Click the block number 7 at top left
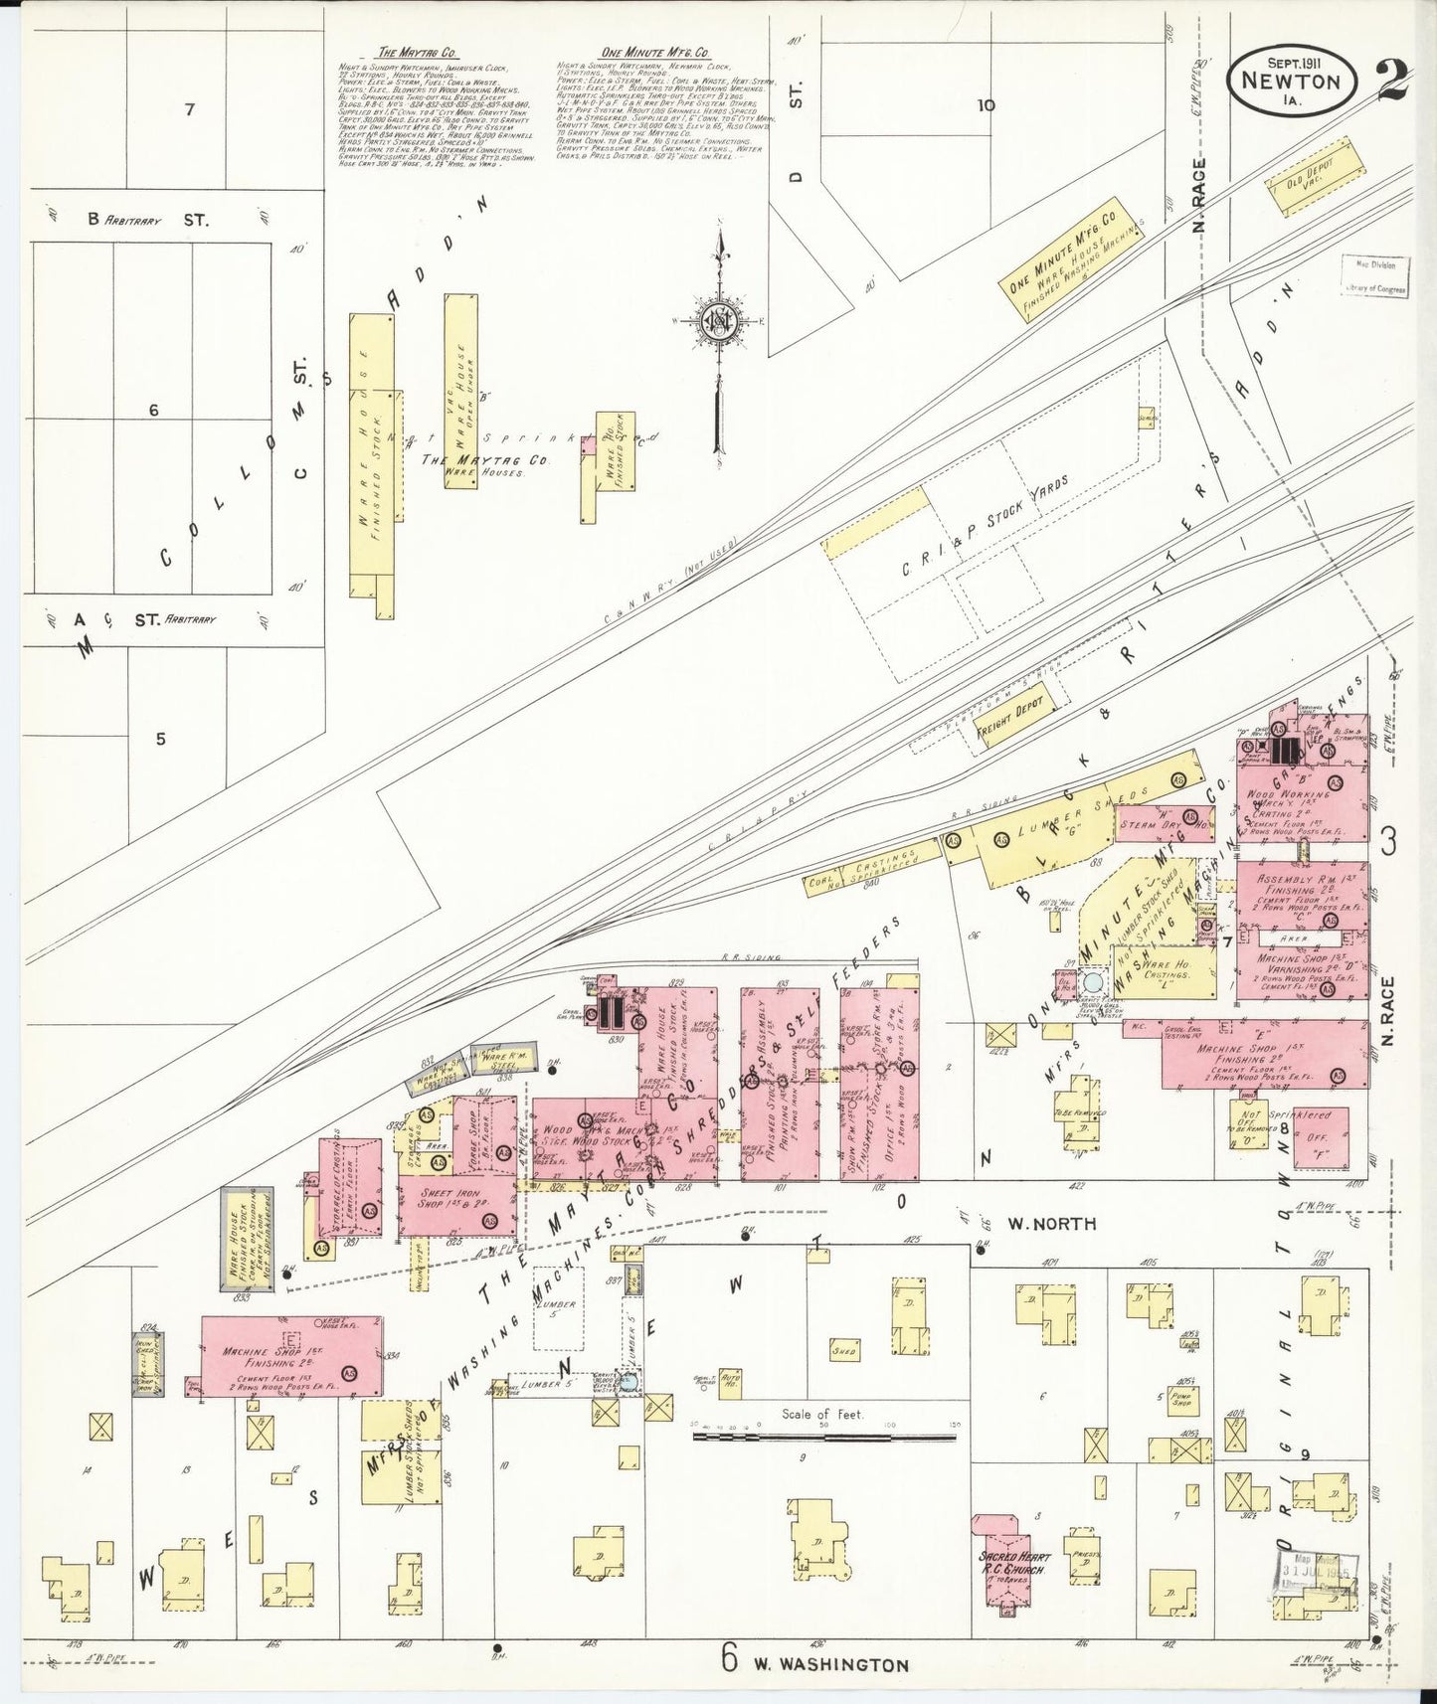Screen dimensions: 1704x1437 [x=188, y=110]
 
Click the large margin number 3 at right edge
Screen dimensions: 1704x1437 [x=1388, y=843]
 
